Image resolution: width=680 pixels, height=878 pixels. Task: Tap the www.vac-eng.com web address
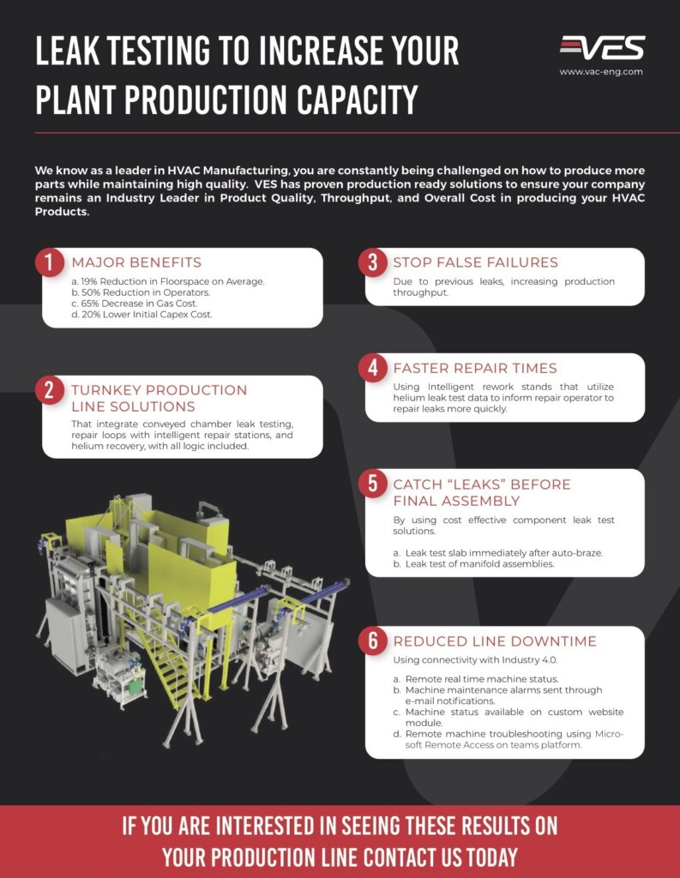pyautogui.click(x=600, y=72)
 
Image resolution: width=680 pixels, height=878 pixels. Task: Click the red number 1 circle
pyautogui.click(x=50, y=262)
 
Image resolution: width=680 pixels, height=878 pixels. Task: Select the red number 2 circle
pyautogui.click(x=50, y=390)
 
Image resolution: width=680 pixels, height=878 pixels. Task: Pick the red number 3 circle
pyautogui.click(x=372, y=262)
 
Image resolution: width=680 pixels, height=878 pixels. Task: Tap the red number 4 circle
pyautogui.click(x=372, y=368)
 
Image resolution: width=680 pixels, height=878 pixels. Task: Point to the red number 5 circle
pyautogui.click(x=372, y=484)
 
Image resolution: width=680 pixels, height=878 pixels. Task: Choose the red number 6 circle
pyautogui.click(x=372, y=641)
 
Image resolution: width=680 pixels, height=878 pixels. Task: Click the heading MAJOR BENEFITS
pyautogui.click(x=136, y=262)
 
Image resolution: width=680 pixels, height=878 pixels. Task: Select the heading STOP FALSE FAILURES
pyautogui.click(x=475, y=262)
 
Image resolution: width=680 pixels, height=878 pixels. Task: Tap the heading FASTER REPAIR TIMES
pyautogui.click(x=474, y=368)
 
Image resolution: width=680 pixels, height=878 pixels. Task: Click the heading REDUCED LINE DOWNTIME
pyautogui.click(x=495, y=641)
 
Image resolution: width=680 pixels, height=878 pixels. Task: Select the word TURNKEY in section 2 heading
pyautogui.click(x=102, y=390)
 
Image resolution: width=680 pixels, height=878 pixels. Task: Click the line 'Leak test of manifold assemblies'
pyautogui.click(x=481, y=563)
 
